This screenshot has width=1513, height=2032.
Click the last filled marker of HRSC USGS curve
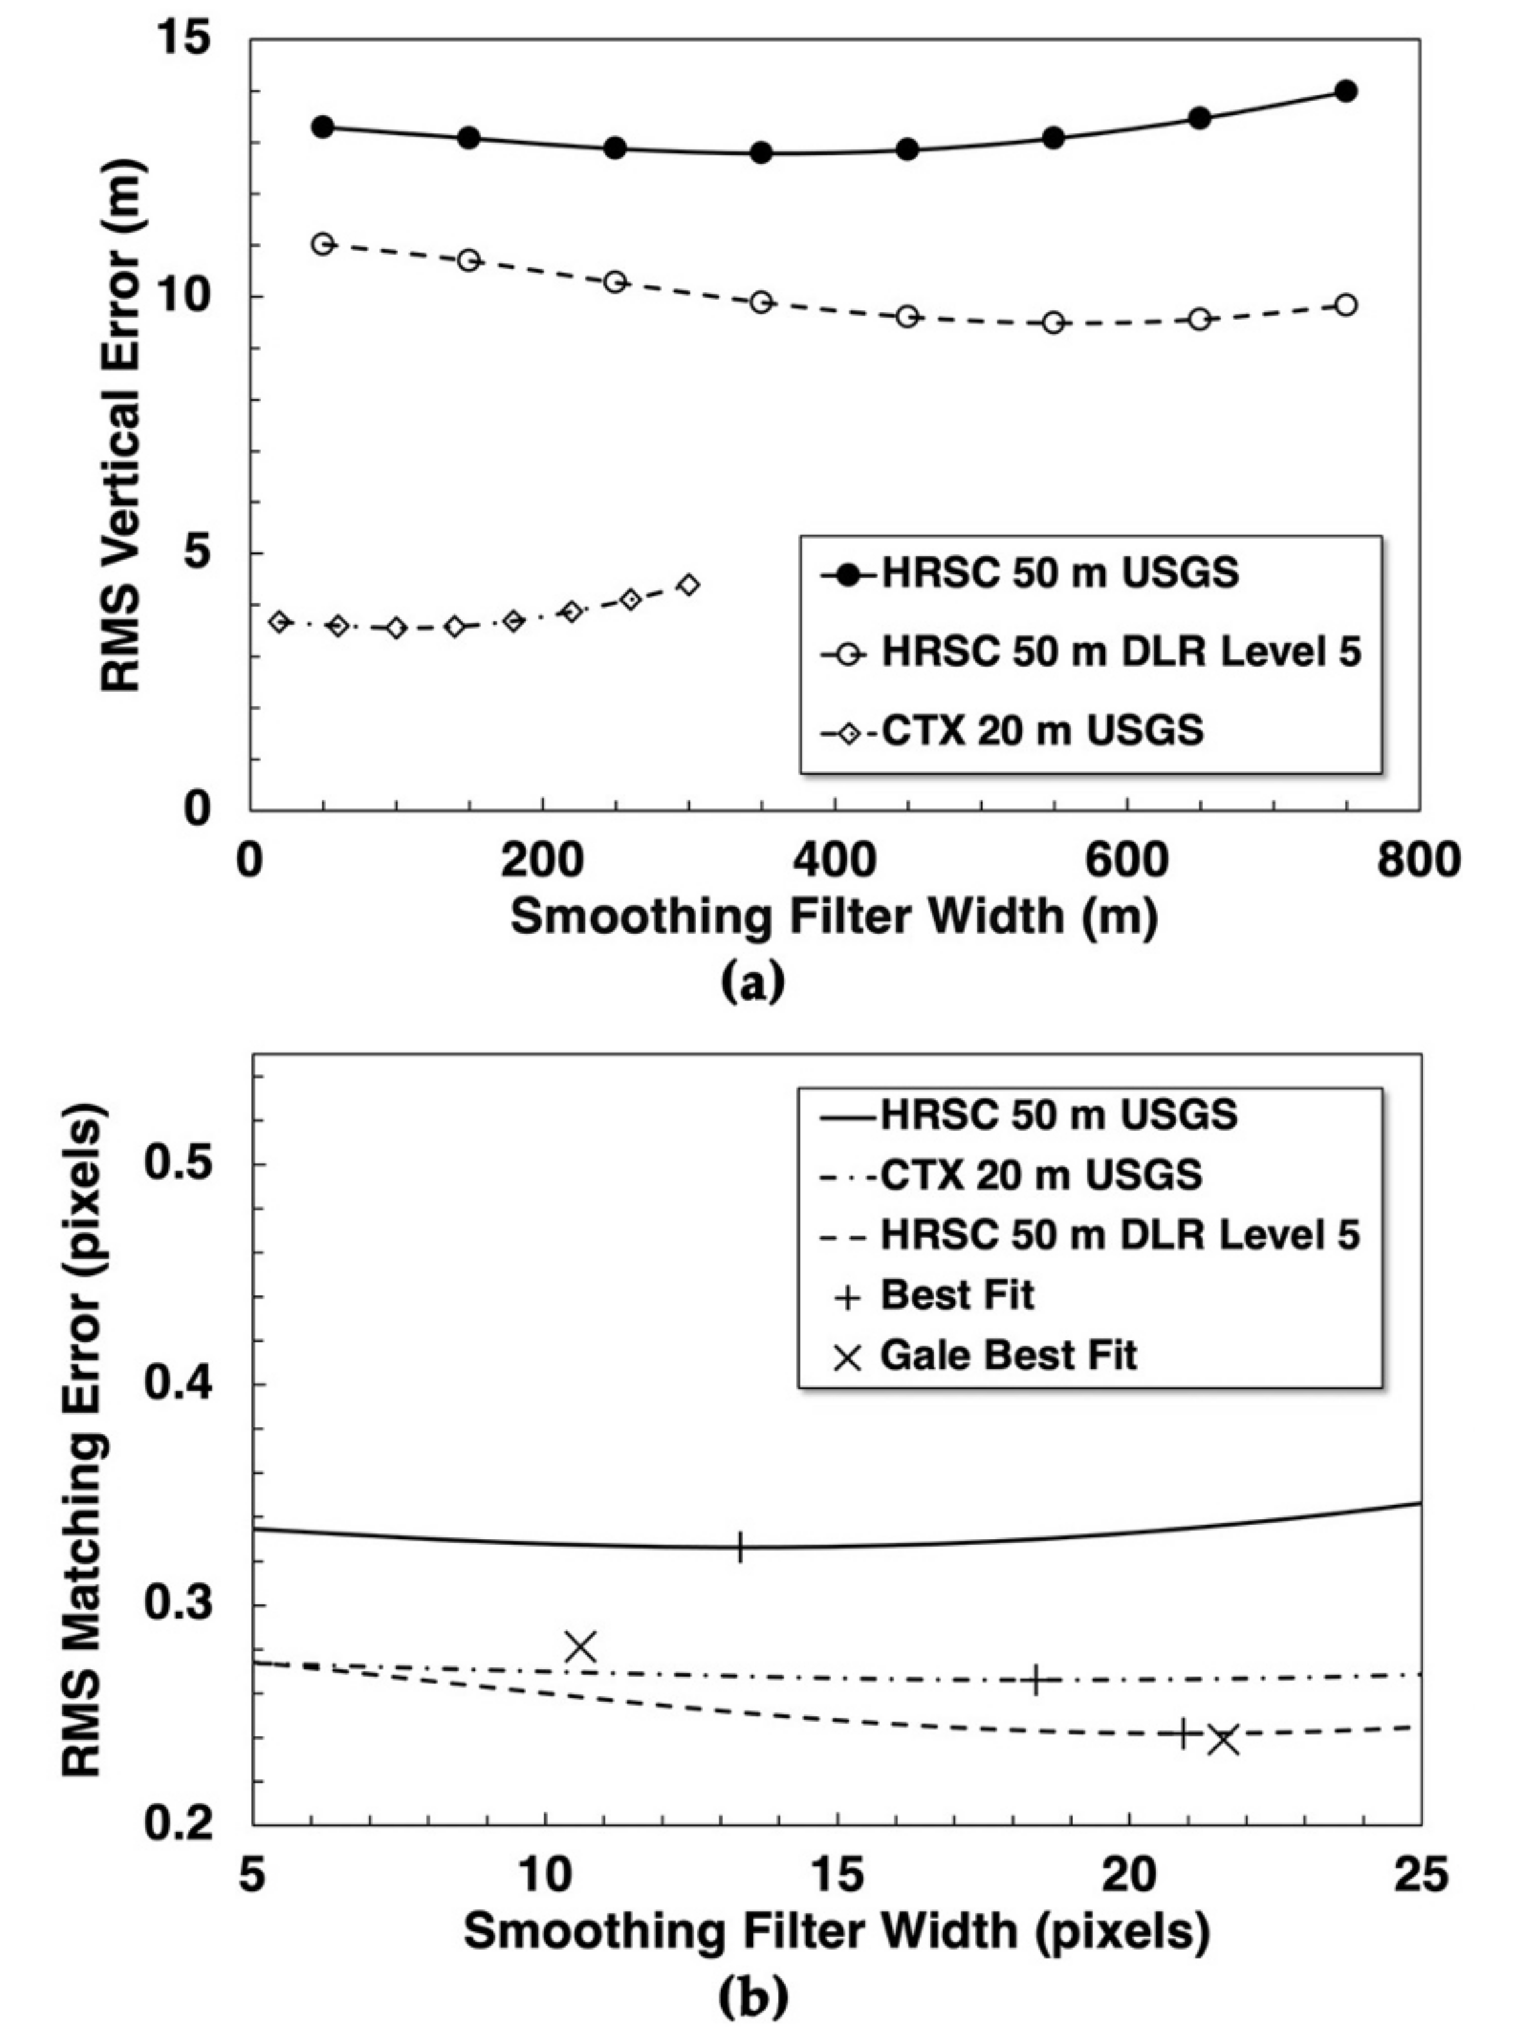click(x=1345, y=91)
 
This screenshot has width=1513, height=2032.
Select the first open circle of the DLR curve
click(x=322, y=243)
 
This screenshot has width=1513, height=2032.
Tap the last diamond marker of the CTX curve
click(x=690, y=584)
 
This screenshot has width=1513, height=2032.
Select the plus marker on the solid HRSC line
click(x=739, y=1547)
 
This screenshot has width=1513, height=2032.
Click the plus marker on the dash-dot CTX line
click(x=1036, y=1681)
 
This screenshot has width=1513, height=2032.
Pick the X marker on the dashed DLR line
click(x=1223, y=1739)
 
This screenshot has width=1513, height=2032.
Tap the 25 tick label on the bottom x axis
click(x=1420, y=1874)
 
